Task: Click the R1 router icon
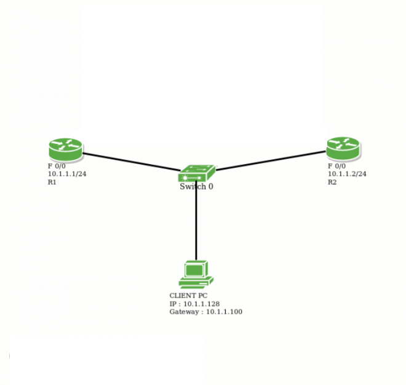point(65,149)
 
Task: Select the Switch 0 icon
point(197,173)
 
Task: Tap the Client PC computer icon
point(196,274)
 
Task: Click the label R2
point(332,182)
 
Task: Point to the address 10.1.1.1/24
point(67,174)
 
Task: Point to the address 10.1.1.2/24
point(347,174)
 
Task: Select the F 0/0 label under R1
point(58,166)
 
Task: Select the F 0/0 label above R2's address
point(337,166)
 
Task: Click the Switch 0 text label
point(197,186)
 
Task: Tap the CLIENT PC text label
point(188,296)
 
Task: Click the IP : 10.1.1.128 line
point(194,304)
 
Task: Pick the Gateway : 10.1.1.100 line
point(205,312)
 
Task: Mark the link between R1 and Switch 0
point(129,161)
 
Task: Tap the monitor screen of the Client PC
point(195,269)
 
